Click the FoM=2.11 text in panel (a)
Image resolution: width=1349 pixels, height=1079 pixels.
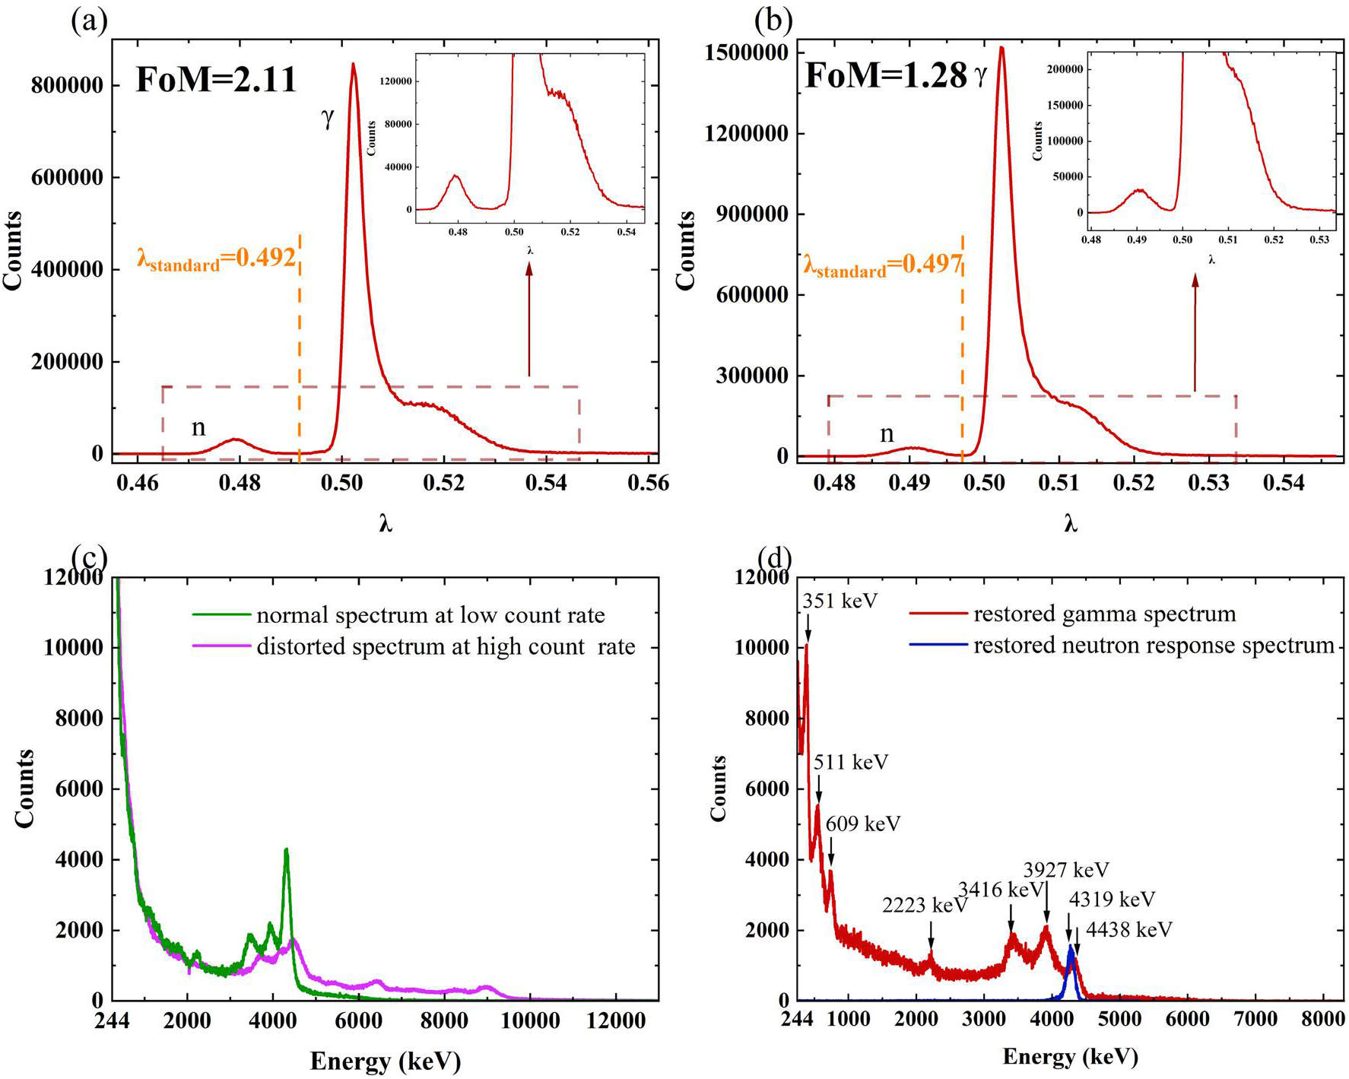[x=216, y=80]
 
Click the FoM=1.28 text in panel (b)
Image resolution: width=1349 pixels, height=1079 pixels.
[x=886, y=76]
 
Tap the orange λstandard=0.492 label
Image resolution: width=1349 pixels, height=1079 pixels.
[x=216, y=259]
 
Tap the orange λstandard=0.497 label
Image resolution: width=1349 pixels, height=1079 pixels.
[x=883, y=265]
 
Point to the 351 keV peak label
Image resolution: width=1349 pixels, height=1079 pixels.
[x=840, y=601]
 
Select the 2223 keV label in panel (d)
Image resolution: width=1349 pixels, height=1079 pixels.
[x=924, y=906]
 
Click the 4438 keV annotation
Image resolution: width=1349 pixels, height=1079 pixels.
[x=1128, y=930]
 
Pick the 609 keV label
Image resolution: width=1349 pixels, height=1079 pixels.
[x=862, y=824]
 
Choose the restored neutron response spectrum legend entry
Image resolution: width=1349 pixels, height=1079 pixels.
[x=1122, y=646]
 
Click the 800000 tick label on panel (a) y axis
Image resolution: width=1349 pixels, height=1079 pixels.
[x=67, y=86]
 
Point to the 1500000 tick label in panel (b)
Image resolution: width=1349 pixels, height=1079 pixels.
[x=746, y=53]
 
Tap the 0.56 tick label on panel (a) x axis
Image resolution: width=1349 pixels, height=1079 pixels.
[x=648, y=484]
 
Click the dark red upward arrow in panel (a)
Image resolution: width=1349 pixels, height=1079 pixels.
[x=529, y=319]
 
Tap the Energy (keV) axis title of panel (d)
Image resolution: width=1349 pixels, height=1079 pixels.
[x=1070, y=1057]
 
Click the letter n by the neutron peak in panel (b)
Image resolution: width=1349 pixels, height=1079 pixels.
[x=887, y=434]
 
